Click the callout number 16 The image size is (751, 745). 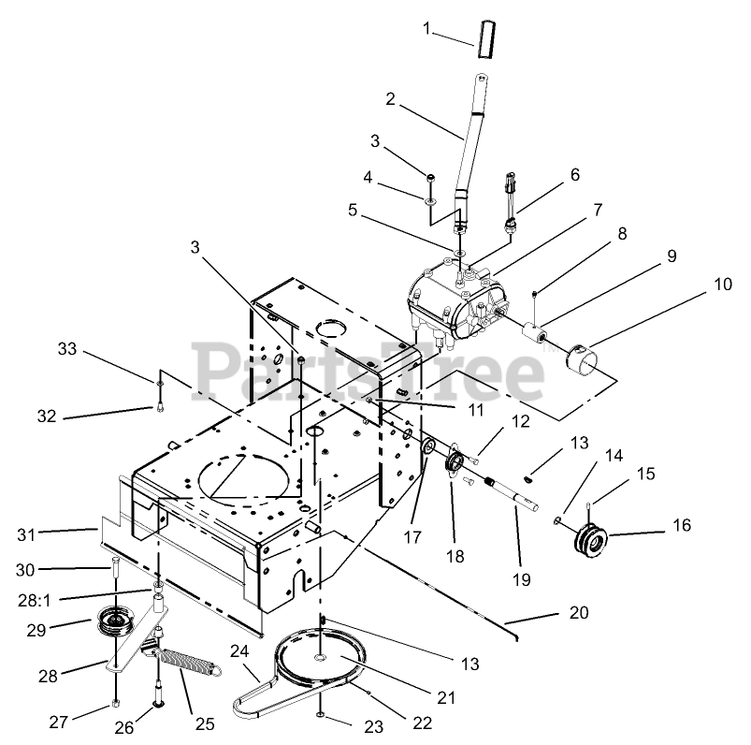click(x=681, y=527)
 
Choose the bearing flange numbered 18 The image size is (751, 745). click(x=456, y=465)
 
